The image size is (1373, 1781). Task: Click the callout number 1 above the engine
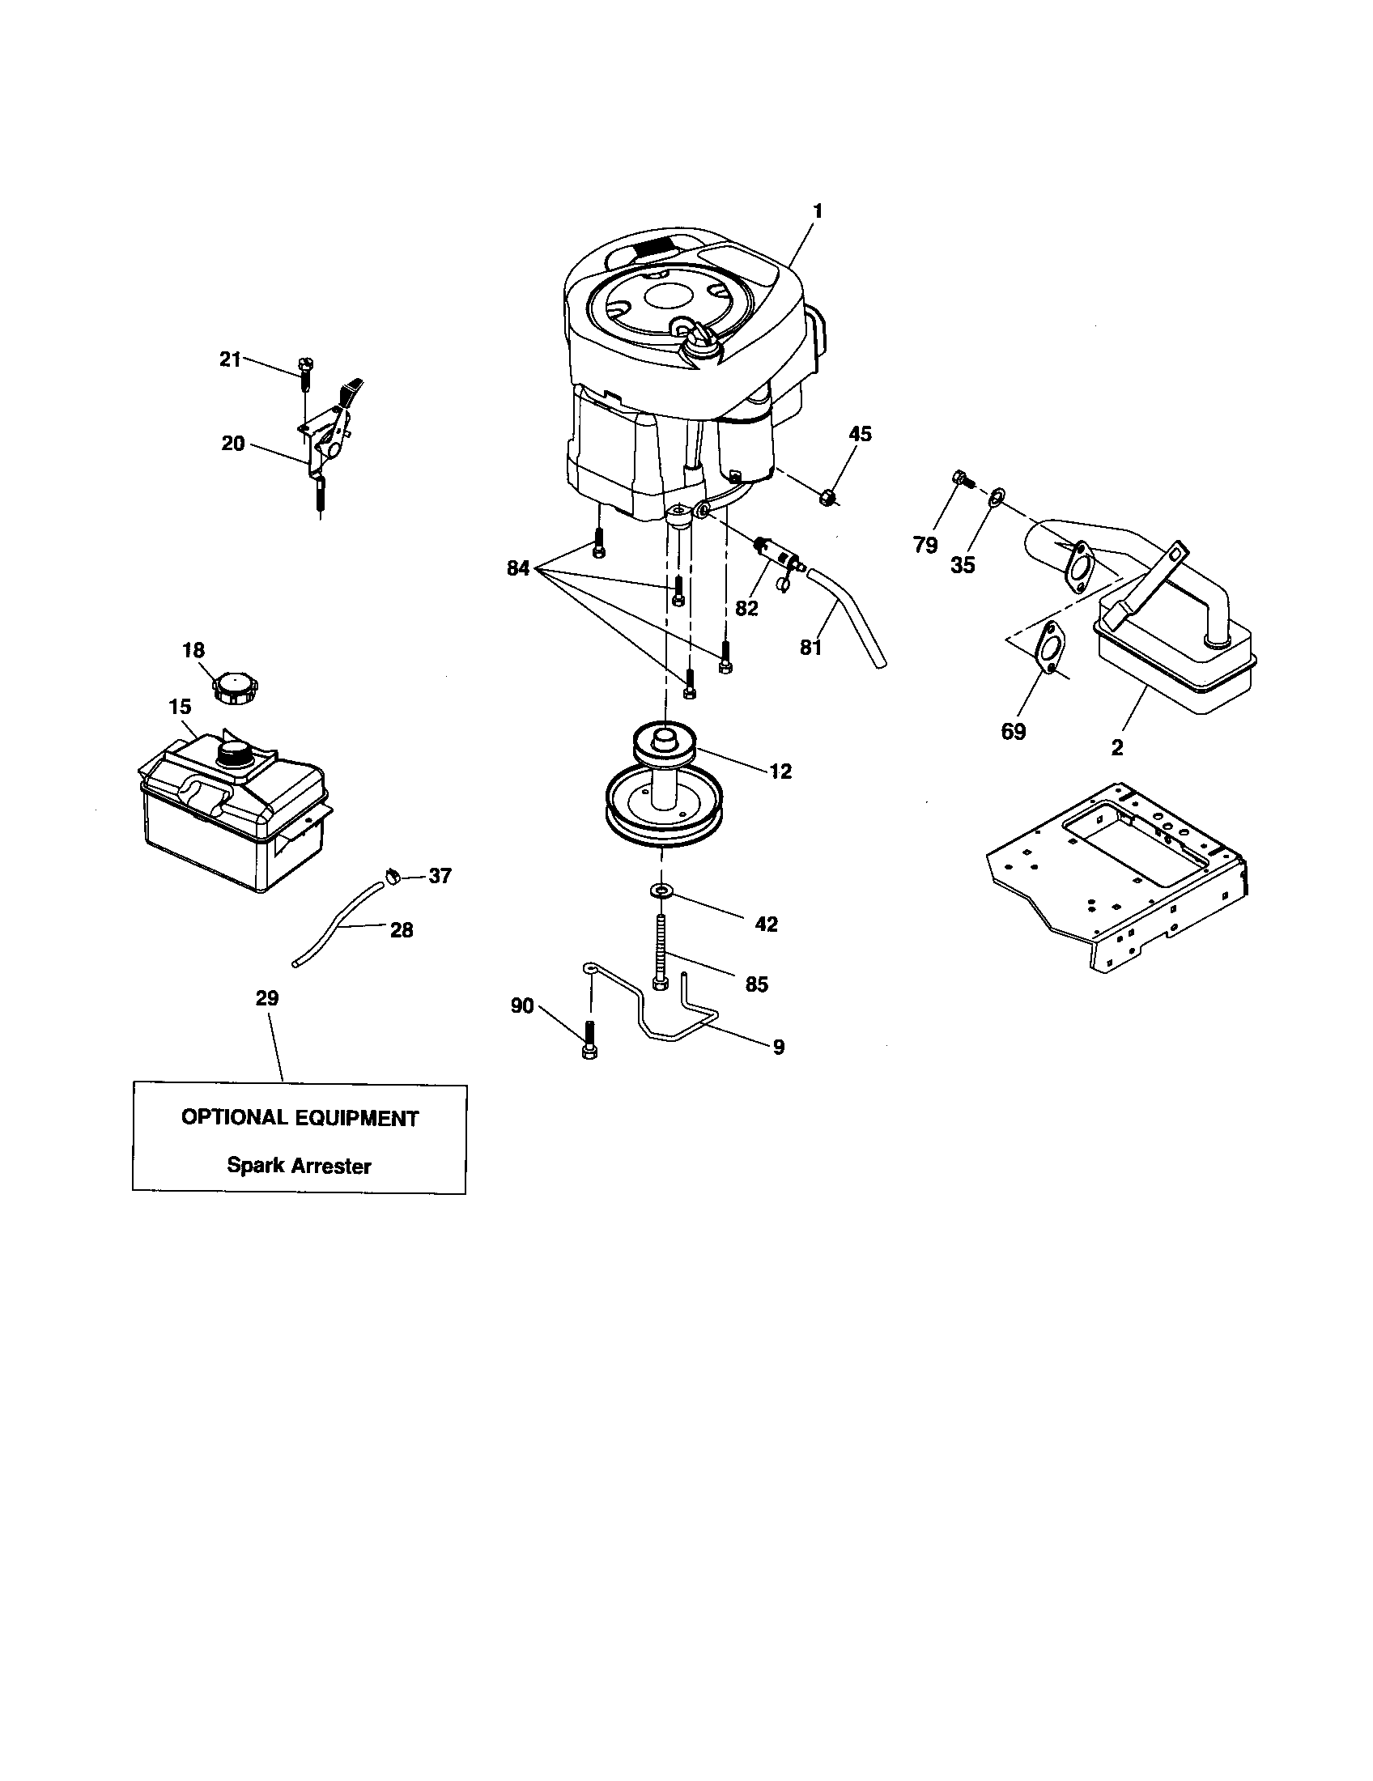tap(817, 211)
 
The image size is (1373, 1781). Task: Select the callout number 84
tap(519, 568)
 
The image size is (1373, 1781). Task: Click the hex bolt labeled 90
tap(589, 1039)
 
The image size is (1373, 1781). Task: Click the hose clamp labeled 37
tap(392, 876)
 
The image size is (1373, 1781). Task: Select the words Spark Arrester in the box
tap(299, 1166)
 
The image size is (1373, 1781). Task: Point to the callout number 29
tap(267, 998)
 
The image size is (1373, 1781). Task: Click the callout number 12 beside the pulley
tap(780, 771)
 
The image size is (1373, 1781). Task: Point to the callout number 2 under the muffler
tap(1117, 747)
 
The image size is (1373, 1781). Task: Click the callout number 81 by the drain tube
tap(810, 648)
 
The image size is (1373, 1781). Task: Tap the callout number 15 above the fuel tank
tap(181, 707)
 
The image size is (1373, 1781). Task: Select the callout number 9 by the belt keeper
tap(778, 1046)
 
